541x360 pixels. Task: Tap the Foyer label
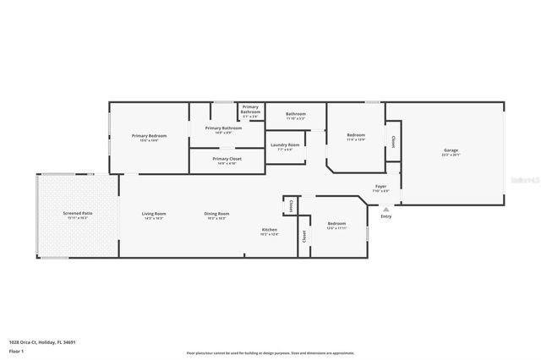click(381, 188)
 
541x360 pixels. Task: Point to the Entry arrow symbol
click(386, 208)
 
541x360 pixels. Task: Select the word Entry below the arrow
click(386, 216)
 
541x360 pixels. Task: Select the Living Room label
click(154, 215)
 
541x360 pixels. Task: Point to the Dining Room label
click(216, 215)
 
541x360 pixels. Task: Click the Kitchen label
click(269, 231)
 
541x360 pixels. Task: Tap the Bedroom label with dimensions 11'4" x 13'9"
click(356, 137)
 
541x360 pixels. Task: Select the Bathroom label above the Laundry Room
click(295, 116)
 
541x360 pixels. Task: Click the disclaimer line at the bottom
click(270, 352)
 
